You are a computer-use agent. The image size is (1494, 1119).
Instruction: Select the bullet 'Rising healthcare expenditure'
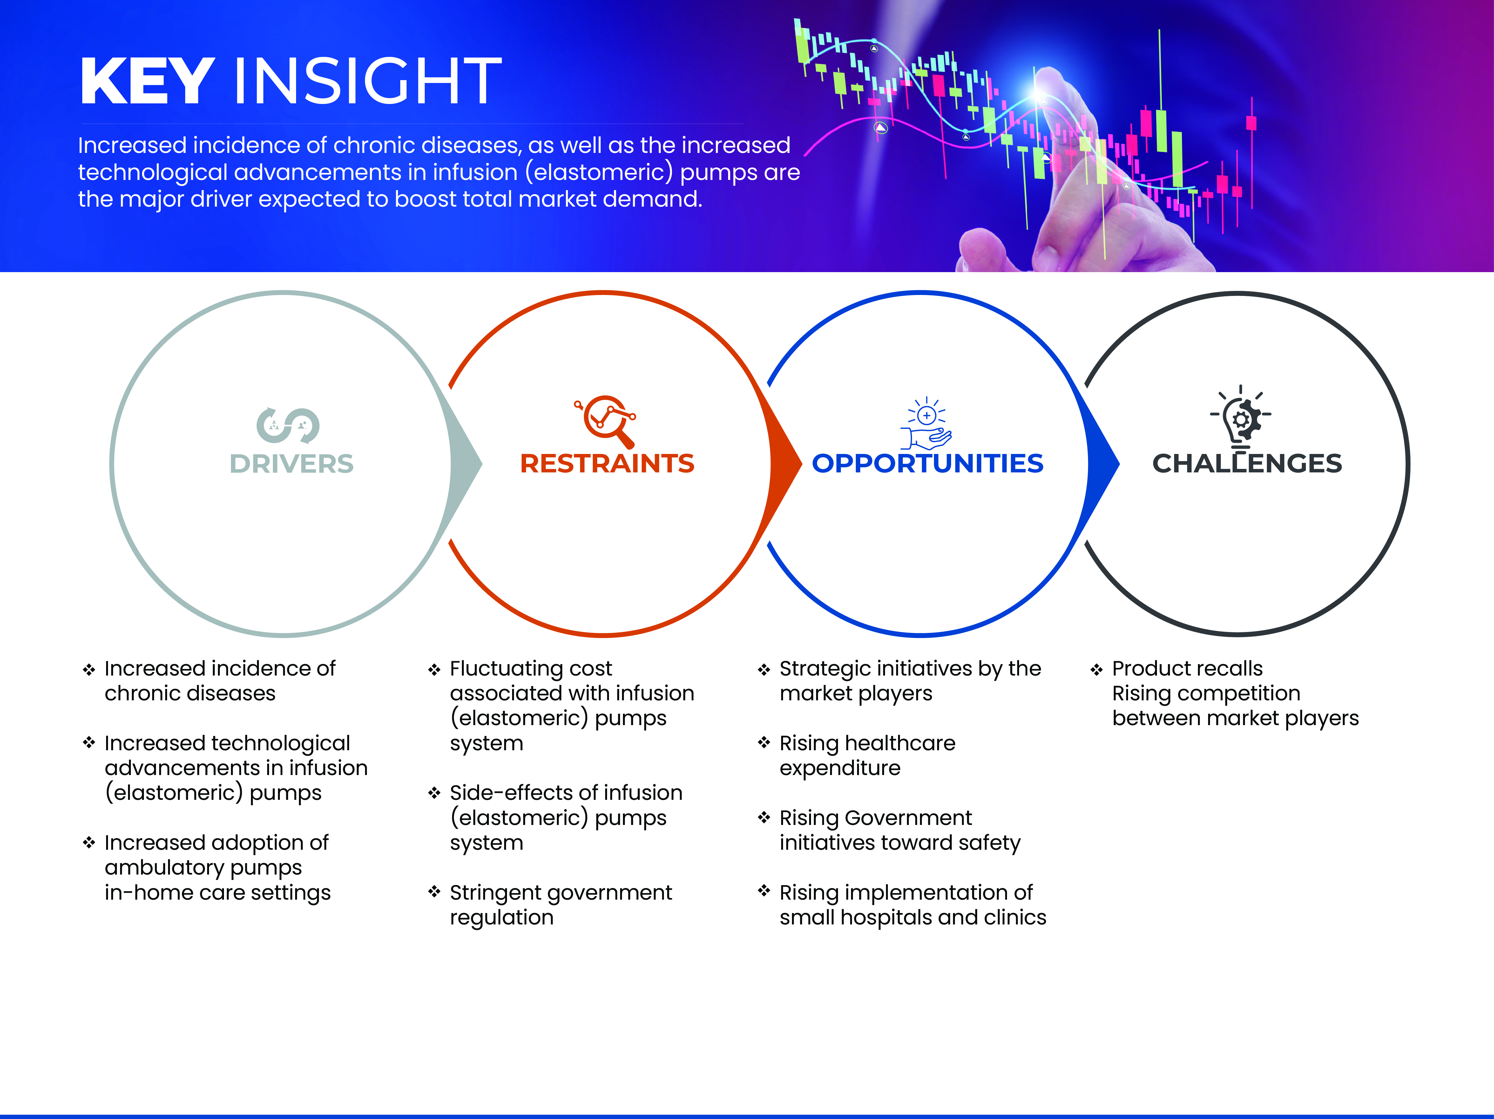click(867, 755)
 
